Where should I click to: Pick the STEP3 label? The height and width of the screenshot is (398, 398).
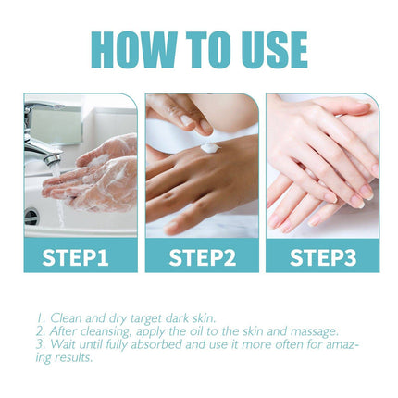(321, 256)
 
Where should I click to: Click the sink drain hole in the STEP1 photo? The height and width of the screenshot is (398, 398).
(32, 217)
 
